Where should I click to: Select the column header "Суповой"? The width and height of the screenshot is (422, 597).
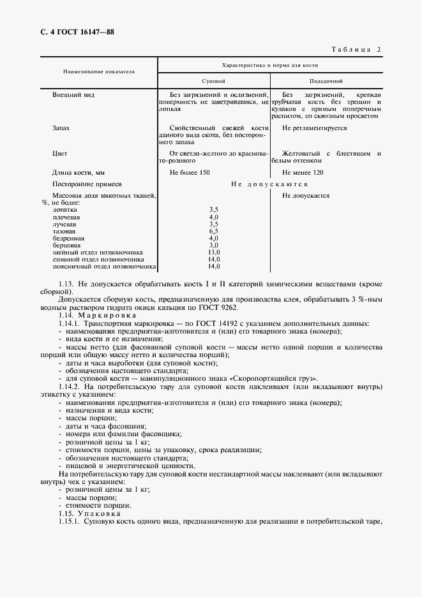click(213, 82)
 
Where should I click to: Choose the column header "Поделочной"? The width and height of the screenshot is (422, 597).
click(326, 82)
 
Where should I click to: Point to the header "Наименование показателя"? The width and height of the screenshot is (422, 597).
click(98, 72)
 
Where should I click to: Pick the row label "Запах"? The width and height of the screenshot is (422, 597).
click(61, 128)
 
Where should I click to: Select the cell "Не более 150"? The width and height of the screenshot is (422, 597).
click(189, 172)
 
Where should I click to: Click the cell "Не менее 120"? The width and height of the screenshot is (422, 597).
click(302, 172)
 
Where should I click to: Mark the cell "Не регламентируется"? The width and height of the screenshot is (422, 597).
click(314, 128)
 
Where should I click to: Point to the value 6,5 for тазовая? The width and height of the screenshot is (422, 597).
click(214, 231)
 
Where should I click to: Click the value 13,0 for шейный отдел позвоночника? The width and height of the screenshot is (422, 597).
click(214, 252)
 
